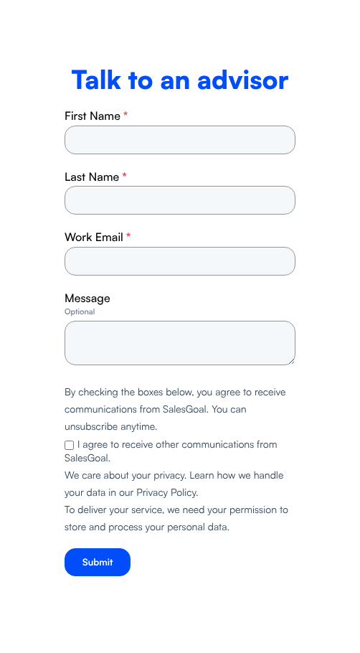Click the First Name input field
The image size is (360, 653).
pos(180,140)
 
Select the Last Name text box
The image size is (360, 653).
pos(180,200)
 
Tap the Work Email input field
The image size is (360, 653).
pos(180,261)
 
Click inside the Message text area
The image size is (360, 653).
pos(180,343)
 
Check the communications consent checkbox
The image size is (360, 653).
pos(69,445)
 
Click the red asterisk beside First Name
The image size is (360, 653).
pos(125,114)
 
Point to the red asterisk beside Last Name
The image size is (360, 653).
pos(124,175)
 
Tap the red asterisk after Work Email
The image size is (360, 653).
pos(128,235)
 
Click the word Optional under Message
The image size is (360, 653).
pos(80,311)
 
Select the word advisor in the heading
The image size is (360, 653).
pos(242,80)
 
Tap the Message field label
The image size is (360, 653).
pos(87,299)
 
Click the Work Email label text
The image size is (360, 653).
pos(94,238)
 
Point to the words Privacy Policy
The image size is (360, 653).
pos(166,493)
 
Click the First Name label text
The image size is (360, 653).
pos(93,116)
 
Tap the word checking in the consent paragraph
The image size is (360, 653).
pos(98,393)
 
